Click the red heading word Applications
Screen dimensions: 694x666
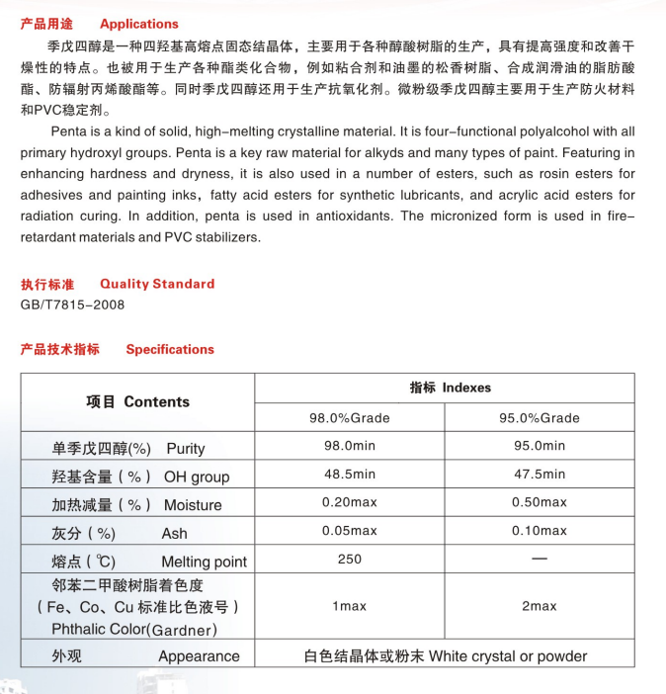tap(139, 24)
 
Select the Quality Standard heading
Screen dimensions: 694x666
tap(157, 284)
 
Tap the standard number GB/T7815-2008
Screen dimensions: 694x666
tap(73, 304)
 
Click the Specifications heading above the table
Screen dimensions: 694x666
tap(170, 349)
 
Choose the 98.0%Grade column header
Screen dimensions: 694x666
tap(350, 417)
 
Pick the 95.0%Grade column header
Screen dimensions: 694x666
tap(540, 417)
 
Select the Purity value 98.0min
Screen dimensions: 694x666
tap(350, 446)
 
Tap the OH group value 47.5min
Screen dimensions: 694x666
tap(540, 475)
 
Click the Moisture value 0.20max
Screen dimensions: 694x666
tap(350, 502)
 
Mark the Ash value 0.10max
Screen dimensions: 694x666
tap(540, 531)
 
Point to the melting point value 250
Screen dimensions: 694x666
tap(350, 559)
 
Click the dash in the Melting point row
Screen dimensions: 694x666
tap(540, 560)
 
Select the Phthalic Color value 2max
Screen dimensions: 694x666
tap(540, 606)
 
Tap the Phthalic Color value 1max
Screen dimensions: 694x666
tap(350, 606)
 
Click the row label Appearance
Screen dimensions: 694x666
tap(199, 656)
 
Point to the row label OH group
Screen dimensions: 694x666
tap(196, 477)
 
